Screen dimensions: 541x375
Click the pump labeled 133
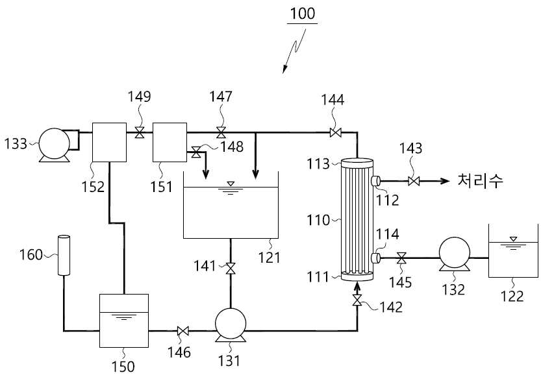(54, 145)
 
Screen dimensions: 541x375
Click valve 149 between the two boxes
(140, 132)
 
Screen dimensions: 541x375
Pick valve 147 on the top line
(221, 132)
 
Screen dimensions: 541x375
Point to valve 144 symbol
(335, 132)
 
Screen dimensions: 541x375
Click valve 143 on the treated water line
(414, 181)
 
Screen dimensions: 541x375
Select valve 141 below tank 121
(231, 269)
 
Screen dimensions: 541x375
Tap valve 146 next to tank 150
(182, 332)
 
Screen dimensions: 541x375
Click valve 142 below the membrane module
(357, 300)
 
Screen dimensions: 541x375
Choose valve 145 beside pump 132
(401, 258)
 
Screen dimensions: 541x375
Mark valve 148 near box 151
(196, 152)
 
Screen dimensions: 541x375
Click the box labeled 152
(109, 142)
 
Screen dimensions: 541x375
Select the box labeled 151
(170, 142)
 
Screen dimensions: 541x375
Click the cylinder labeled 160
(64, 255)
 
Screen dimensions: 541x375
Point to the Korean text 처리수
(481, 180)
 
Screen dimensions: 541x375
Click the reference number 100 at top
(303, 14)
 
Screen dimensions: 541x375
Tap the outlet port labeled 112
(375, 181)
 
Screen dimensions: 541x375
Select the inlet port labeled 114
(375, 258)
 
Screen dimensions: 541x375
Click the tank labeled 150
(124, 321)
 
